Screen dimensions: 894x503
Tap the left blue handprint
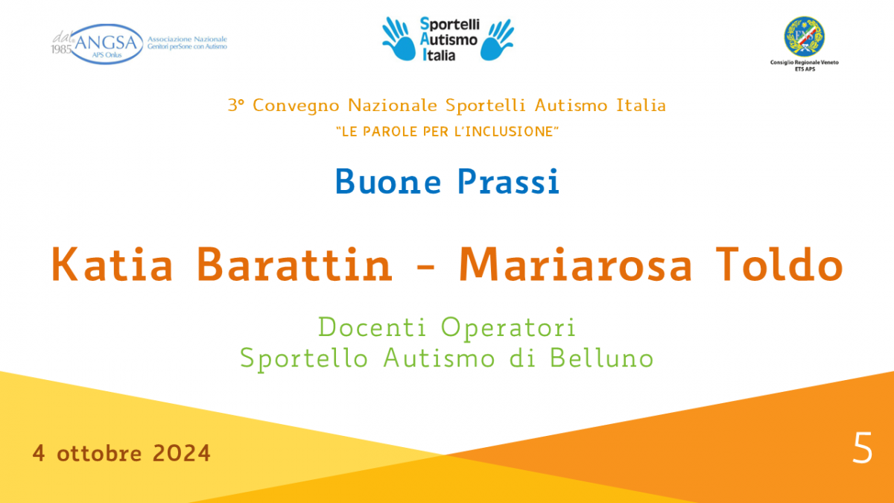[398, 39]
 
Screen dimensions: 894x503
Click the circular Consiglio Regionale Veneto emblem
[804, 37]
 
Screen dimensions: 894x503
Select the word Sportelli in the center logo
[450, 25]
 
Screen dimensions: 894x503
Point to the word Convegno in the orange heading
[297, 106]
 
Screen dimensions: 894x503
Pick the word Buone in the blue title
[388, 182]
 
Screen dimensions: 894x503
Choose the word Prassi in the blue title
[508, 182]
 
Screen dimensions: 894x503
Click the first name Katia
[112, 265]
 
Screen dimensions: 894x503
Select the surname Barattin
[294, 265]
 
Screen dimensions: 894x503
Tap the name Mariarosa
[575, 265]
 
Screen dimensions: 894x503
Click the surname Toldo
[779, 265]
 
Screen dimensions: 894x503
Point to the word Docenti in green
[372, 327]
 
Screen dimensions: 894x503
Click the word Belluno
[601, 358]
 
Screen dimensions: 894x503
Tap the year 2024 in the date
[181, 453]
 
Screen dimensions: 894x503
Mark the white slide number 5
[863, 448]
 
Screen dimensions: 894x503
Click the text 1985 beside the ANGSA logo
[61, 49]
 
